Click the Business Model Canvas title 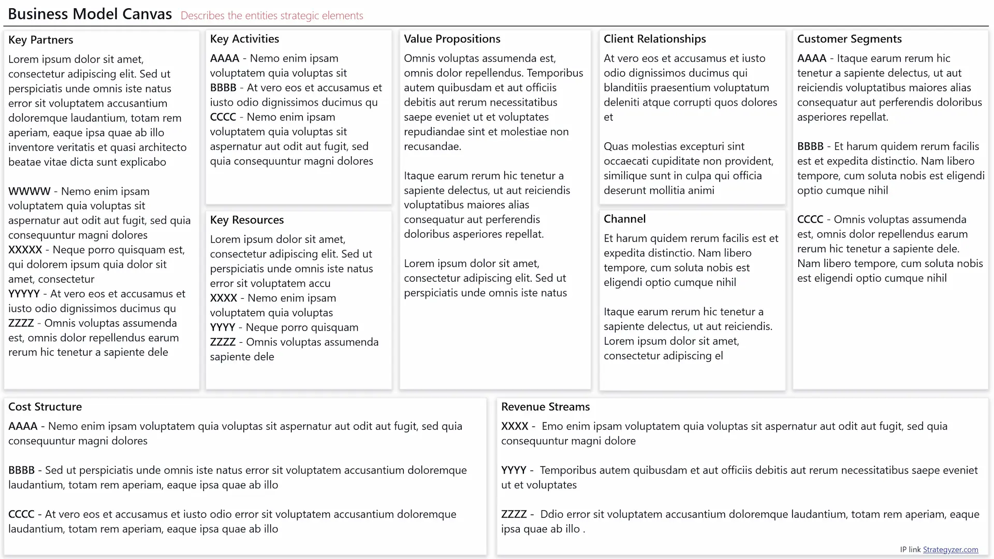click(x=90, y=14)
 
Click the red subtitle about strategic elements click(x=272, y=16)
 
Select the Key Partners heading click(x=40, y=40)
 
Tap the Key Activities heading click(x=244, y=39)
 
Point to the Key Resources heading click(x=246, y=220)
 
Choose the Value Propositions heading click(x=451, y=39)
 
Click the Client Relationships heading click(x=654, y=39)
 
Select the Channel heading click(x=624, y=219)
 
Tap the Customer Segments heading click(x=849, y=39)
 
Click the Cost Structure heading click(x=45, y=407)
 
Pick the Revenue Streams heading click(x=545, y=407)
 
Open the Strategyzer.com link click(x=950, y=550)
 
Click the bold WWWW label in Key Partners click(x=29, y=192)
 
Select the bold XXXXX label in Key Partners click(x=25, y=250)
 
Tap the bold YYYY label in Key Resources click(x=222, y=328)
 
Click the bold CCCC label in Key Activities click(x=223, y=117)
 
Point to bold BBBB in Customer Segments click(x=810, y=146)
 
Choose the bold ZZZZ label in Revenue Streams click(x=514, y=514)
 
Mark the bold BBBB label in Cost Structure click(x=21, y=470)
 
